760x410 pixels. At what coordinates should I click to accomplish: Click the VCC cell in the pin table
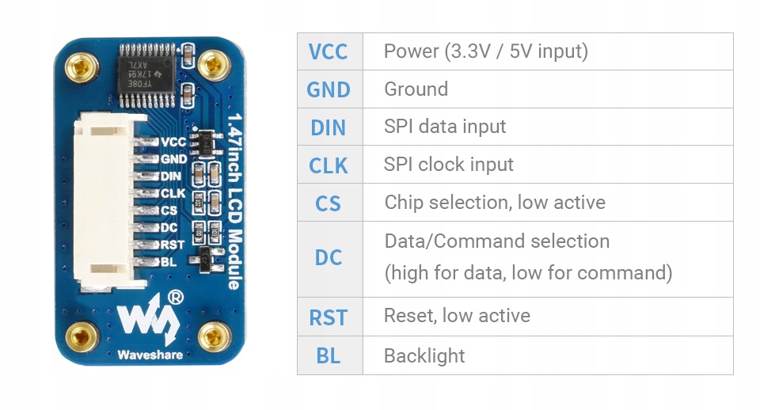click(x=329, y=52)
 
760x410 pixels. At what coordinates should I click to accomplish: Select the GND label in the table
click(x=329, y=89)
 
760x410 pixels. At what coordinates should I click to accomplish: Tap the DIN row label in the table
click(x=329, y=127)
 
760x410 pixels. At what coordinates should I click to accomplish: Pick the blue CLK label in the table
click(x=329, y=165)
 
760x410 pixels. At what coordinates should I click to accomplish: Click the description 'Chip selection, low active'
click(x=495, y=203)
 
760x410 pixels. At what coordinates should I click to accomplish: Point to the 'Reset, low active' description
click(x=457, y=316)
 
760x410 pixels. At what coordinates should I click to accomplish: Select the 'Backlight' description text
click(x=424, y=356)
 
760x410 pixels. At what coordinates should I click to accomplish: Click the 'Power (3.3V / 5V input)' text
click(x=485, y=52)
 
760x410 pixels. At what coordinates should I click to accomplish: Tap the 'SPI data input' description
click(x=445, y=127)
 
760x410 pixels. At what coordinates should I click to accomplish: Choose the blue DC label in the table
click(x=329, y=257)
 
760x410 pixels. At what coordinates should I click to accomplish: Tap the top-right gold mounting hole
click(x=212, y=63)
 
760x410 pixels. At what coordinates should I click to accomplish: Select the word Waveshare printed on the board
click(x=150, y=355)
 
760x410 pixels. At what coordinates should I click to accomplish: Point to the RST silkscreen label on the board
click(x=172, y=245)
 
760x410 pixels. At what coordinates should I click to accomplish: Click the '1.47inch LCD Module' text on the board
click(x=234, y=202)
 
